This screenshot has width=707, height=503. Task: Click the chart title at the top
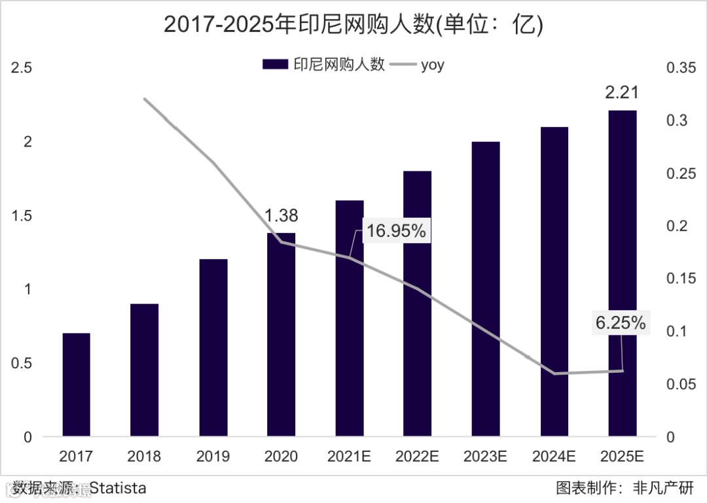coord(353,24)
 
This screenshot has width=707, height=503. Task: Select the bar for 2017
coord(77,385)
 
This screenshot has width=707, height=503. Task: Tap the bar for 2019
coord(213,347)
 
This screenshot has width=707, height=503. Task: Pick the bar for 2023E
coord(486,288)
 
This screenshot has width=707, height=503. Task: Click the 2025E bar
coord(623,273)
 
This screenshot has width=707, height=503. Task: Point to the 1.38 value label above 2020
coord(281,215)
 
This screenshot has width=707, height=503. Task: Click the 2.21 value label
coord(621,93)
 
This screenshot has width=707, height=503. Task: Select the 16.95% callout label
coord(396,231)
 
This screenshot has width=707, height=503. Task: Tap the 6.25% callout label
coord(621,322)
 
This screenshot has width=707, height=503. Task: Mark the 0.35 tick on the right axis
coord(681,68)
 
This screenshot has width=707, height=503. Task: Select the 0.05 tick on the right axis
coord(681,384)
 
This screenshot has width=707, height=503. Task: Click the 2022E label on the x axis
coord(416,456)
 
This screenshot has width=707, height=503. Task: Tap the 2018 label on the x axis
coord(144,456)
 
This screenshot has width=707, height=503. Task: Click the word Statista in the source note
coord(118,488)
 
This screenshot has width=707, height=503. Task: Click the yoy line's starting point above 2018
coord(145,99)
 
